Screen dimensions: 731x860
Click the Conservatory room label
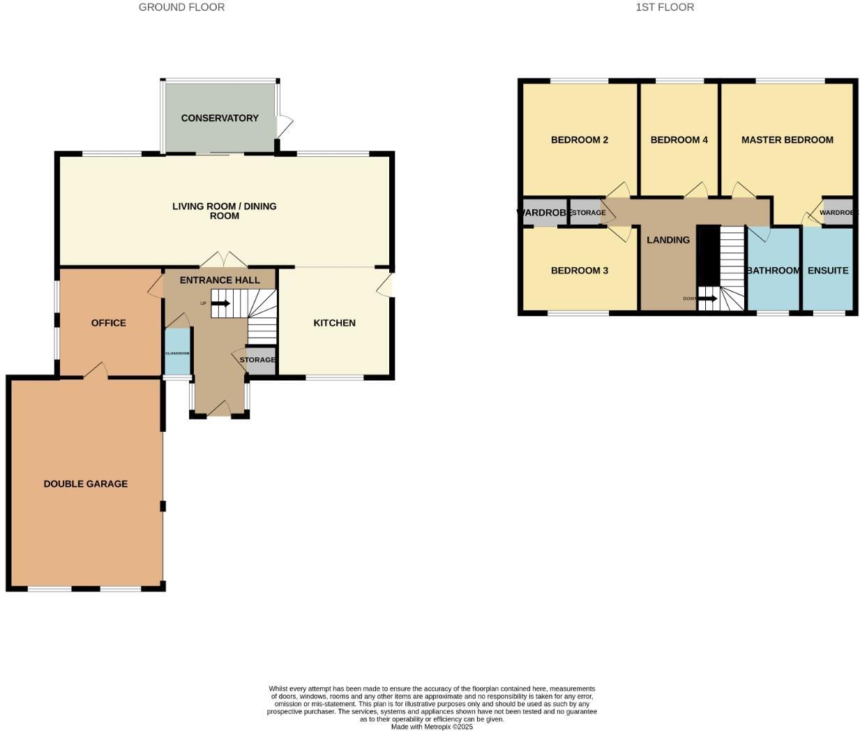220,118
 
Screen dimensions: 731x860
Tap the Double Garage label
86,483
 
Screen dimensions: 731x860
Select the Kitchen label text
334,323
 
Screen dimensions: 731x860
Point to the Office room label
109,323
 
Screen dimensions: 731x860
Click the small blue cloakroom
177,352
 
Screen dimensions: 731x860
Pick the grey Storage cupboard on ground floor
261,363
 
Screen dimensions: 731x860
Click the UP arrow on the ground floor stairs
220,303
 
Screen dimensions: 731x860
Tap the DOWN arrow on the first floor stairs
707,299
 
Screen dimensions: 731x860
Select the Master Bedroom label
787,140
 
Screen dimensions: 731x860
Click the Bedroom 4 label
679,140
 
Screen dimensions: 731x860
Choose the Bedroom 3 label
580,271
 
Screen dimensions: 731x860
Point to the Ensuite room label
828,271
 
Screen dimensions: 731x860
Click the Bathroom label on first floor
773,271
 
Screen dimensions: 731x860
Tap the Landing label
668,240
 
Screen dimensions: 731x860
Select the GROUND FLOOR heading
181,7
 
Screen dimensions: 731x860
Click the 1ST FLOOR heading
665,7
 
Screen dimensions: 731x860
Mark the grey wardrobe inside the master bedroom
837,213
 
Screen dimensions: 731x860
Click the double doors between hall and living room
224,260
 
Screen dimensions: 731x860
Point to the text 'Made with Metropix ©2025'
432,726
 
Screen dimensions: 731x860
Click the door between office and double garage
96,371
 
